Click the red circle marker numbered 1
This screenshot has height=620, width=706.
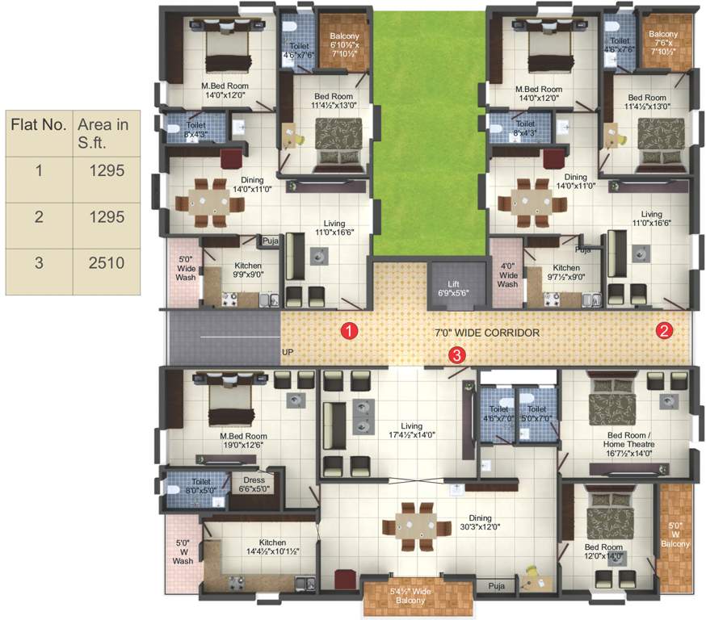pos(349,330)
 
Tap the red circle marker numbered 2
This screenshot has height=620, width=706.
pos(664,330)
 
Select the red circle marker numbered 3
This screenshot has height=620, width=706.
pos(457,354)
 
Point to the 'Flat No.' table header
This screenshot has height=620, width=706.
pos(37,125)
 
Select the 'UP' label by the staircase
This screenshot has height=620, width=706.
pos(288,353)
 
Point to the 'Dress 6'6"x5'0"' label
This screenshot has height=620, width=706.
pos(254,484)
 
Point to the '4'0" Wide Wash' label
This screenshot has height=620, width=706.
pos(507,274)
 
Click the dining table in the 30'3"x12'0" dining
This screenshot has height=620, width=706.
pos(416,526)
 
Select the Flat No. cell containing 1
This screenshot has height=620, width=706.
pos(37,170)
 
